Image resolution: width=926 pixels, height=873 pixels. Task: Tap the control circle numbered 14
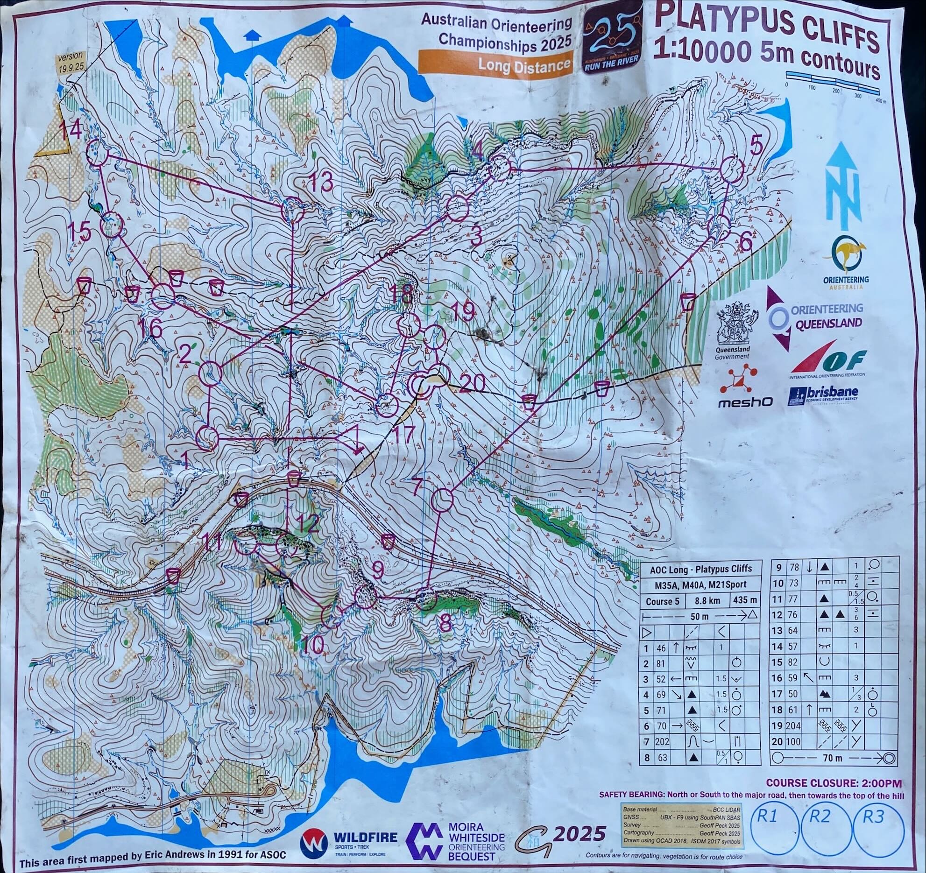tap(98, 153)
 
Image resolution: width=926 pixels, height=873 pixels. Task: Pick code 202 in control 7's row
tap(663, 741)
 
